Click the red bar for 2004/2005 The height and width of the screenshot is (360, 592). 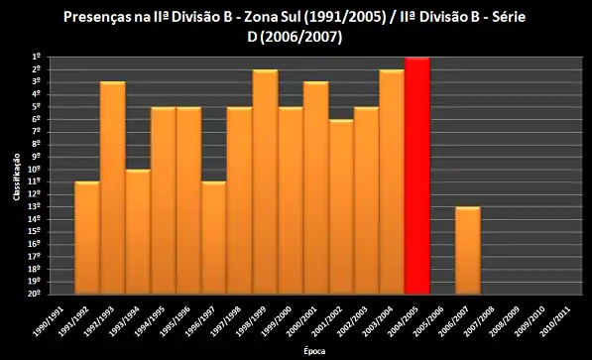click(417, 176)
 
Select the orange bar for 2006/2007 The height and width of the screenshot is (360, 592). click(468, 250)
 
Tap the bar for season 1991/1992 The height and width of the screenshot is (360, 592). click(87, 237)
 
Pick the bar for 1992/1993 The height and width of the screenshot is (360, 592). click(112, 187)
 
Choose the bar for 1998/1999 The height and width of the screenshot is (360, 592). click(265, 181)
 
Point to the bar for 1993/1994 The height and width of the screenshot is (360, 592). click(138, 231)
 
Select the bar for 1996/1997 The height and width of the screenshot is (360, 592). click(214, 237)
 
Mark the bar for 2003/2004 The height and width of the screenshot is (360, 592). click(392, 181)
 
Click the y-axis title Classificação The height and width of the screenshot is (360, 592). click(17, 176)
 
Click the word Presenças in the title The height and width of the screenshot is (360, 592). click(98, 17)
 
